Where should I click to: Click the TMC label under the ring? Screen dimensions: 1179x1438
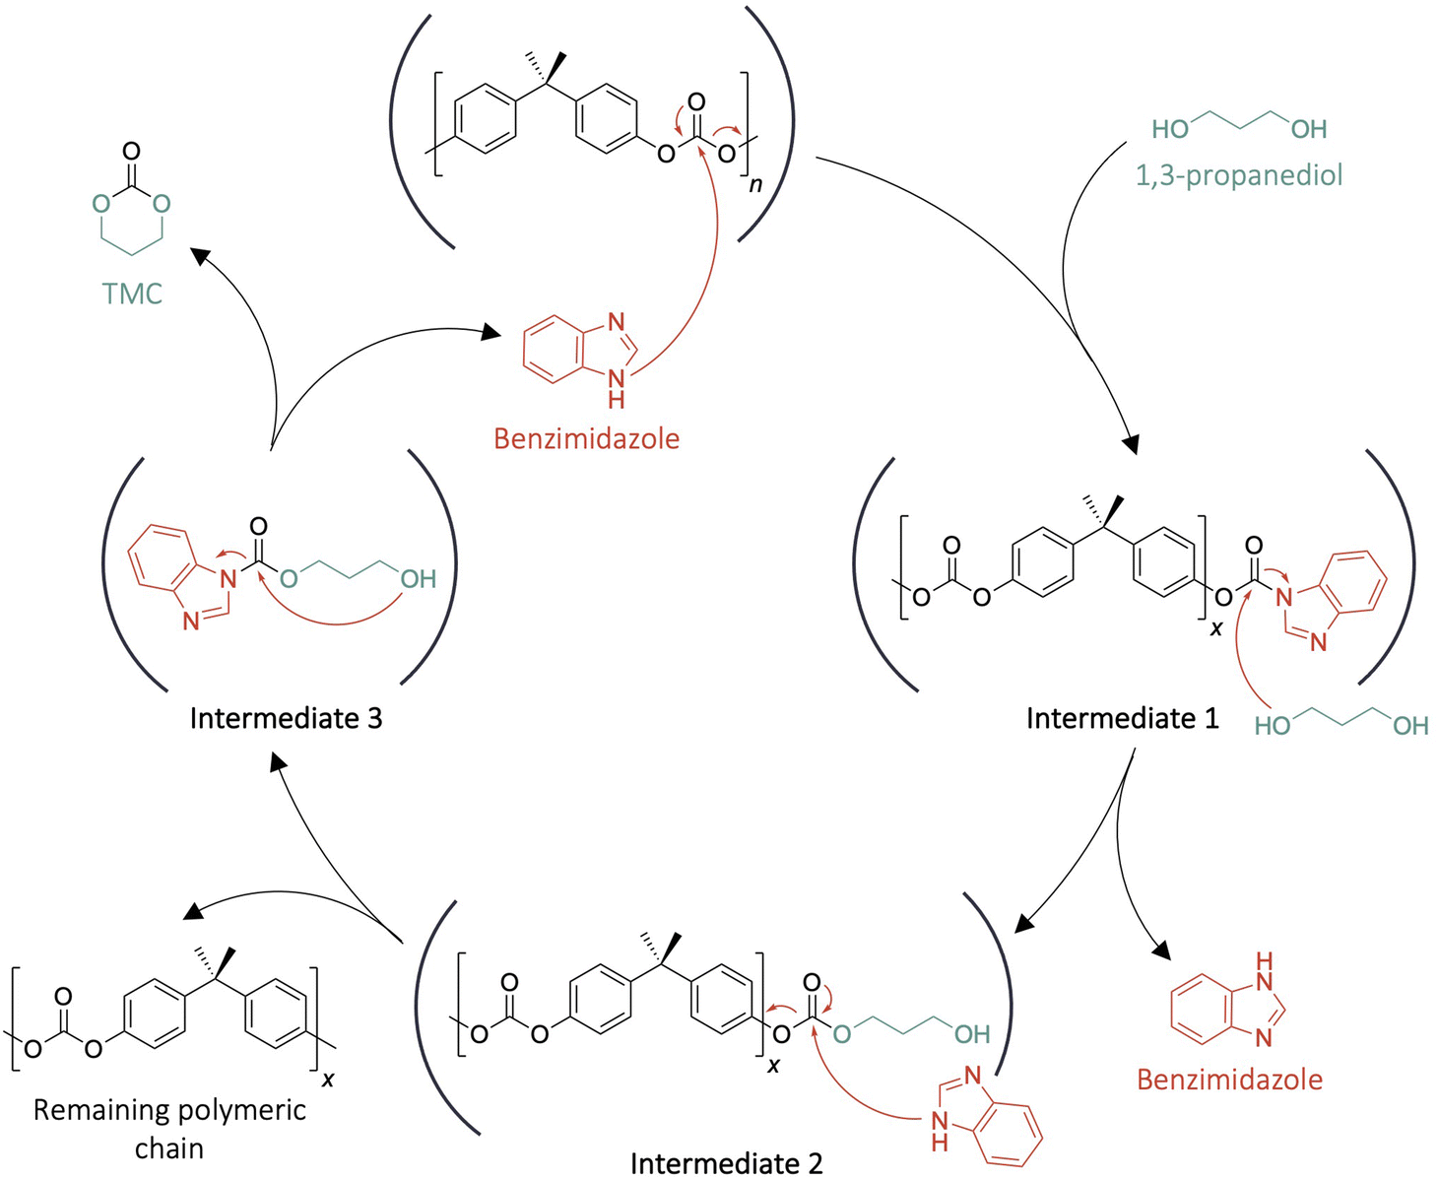click(x=132, y=294)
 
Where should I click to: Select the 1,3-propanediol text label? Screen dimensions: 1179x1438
click(x=1239, y=175)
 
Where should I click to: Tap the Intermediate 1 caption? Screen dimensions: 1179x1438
click(x=1122, y=718)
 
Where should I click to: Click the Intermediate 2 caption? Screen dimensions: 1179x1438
click(x=726, y=1163)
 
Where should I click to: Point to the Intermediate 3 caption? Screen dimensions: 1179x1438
click(x=286, y=718)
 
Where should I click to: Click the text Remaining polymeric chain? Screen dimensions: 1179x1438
click(x=169, y=1128)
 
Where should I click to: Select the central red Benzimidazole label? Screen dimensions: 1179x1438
click(x=586, y=438)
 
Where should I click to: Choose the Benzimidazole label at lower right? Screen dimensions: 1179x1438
click(x=1229, y=1080)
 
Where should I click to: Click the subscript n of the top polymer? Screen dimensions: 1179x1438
click(x=755, y=184)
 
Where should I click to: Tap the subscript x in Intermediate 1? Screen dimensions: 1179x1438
click(x=1216, y=627)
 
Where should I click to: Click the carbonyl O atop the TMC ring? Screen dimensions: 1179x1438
click(x=131, y=152)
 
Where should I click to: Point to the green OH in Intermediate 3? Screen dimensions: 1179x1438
click(x=418, y=579)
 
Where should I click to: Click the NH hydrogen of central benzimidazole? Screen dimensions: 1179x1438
click(x=616, y=400)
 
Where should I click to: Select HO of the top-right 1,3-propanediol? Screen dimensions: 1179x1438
click(x=1171, y=129)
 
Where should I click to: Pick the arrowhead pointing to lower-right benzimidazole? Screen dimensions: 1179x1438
click(x=1163, y=951)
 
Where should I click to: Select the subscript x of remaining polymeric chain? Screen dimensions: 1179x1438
click(x=328, y=1081)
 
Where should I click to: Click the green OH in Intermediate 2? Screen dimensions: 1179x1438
click(x=971, y=1034)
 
